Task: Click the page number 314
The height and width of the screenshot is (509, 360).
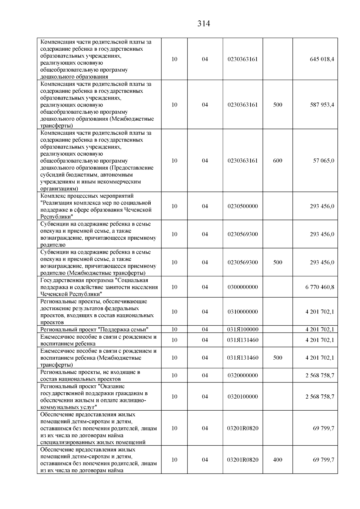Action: (x=203, y=24)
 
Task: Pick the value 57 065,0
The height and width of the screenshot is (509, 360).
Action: (x=323, y=161)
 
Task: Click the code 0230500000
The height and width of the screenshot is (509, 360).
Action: (x=243, y=206)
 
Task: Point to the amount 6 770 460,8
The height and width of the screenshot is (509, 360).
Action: (x=319, y=287)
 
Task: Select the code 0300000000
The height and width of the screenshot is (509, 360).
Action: (x=243, y=287)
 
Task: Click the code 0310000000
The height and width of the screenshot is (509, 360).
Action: (x=243, y=312)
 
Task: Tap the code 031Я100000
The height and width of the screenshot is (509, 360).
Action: (x=243, y=330)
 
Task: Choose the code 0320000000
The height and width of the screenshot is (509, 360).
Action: (x=243, y=376)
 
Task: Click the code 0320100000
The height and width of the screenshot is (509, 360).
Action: (x=243, y=397)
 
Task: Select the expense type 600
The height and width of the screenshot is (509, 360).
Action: (x=277, y=161)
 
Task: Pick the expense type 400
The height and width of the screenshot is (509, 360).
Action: (x=277, y=460)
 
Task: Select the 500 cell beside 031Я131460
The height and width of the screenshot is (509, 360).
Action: (x=277, y=358)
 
